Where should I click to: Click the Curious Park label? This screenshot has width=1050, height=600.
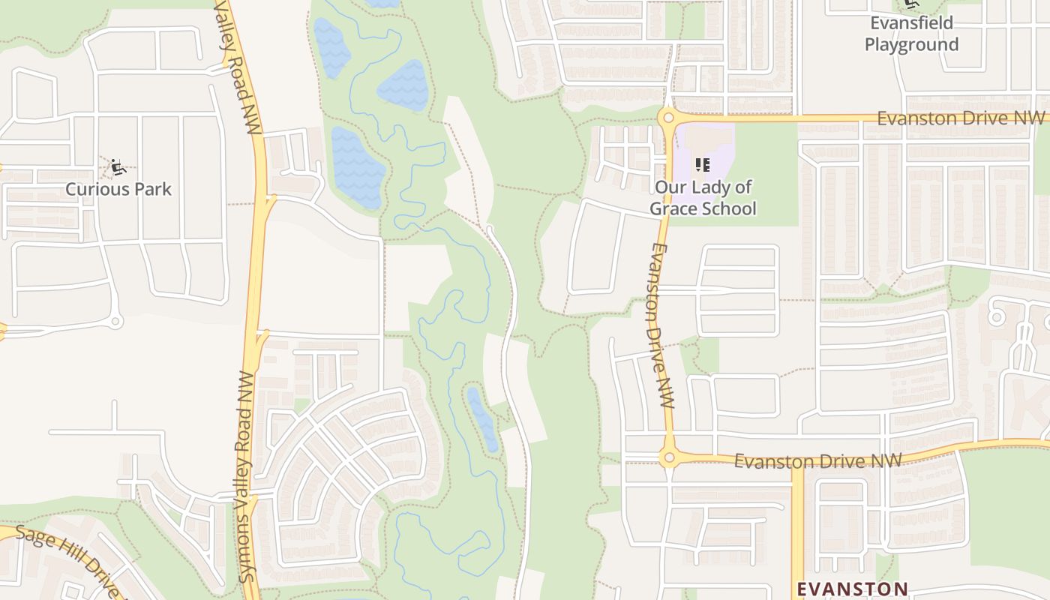[118, 189]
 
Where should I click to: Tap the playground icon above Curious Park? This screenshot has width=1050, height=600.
[117, 166]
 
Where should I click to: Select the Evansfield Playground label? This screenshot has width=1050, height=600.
[911, 34]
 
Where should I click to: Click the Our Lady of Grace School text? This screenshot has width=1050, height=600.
[703, 198]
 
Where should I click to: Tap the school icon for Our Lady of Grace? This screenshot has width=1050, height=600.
[702, 164]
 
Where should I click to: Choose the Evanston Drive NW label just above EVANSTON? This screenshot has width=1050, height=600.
[817, 460]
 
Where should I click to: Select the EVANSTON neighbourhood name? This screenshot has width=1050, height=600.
[852, 589]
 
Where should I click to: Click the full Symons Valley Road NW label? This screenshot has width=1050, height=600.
[245, 477]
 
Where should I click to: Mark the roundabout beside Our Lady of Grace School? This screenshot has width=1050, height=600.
[667, 118]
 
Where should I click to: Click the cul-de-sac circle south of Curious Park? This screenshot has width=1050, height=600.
[115, 322]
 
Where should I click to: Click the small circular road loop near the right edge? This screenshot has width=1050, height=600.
[996, 316]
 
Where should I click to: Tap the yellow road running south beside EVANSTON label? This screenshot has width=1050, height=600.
[797, 525]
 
